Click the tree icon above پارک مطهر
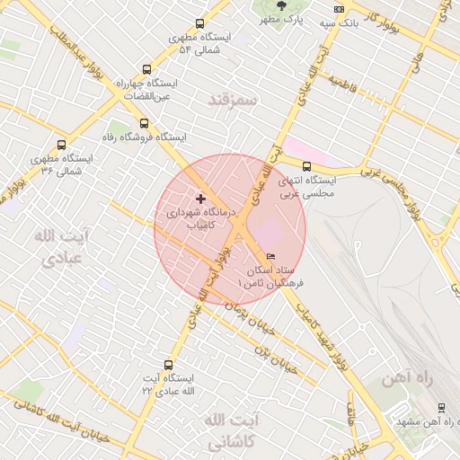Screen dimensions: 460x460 [283, 4]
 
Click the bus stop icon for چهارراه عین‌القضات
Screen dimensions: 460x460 [146, 69]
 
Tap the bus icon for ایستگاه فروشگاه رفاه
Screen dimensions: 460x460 [144, 123]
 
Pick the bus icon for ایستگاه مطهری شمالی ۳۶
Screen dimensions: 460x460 [61, 145]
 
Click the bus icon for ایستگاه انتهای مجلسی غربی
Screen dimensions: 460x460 [306, 165]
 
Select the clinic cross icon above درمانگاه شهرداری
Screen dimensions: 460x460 [199, 198]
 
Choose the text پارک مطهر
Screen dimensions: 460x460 [288, 19]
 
